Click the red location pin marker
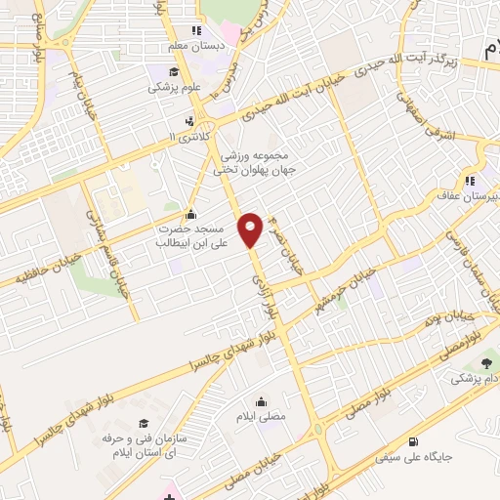[251, 229]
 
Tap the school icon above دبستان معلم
[196, 30]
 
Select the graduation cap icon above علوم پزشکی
[173, 72]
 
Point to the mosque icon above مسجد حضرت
[189, 215]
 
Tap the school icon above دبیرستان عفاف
[470, 180]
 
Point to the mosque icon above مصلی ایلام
[261, 402]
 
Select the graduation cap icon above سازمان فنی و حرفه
[144, 423]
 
